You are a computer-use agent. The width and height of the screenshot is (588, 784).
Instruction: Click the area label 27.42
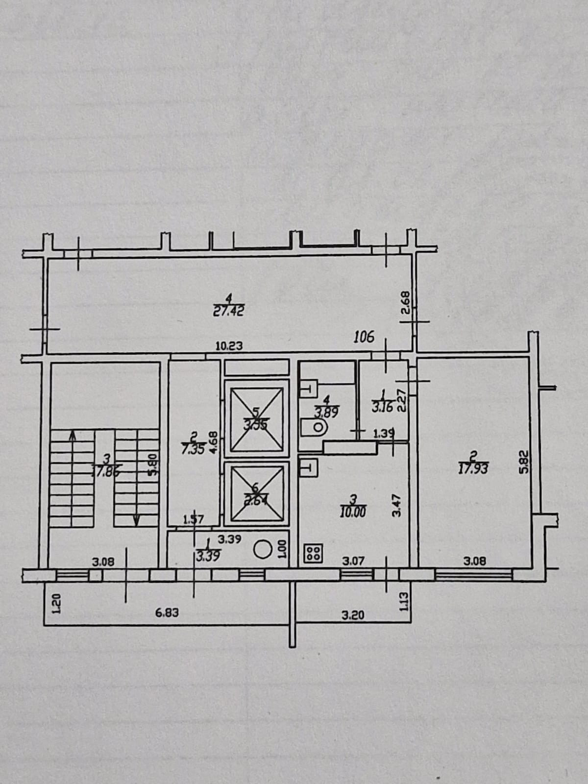(228, 311)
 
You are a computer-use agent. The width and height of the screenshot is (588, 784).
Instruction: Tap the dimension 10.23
(229, 346)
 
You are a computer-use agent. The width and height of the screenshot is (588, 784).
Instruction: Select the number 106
(364, 337)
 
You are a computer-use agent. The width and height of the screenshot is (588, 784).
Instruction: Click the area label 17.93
(473, 469)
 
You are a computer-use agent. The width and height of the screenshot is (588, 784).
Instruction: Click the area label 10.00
(353, 512)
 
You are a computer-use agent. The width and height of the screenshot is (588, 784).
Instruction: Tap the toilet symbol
(314, 427)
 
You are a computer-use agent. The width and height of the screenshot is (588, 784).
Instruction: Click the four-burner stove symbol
(313, 554)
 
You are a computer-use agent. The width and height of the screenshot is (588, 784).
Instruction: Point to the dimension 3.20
(353, 614)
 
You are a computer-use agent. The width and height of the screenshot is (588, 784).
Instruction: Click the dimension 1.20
(56, 604)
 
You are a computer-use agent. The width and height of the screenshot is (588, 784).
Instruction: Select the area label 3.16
(382, 407)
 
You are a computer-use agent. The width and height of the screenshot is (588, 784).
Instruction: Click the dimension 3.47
(397, 505)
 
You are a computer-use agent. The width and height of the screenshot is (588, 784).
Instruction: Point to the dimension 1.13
(404, 600)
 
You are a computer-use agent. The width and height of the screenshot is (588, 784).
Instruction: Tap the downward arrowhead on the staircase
(136, 521)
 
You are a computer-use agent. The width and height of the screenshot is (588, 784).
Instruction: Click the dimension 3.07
(353, 561)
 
